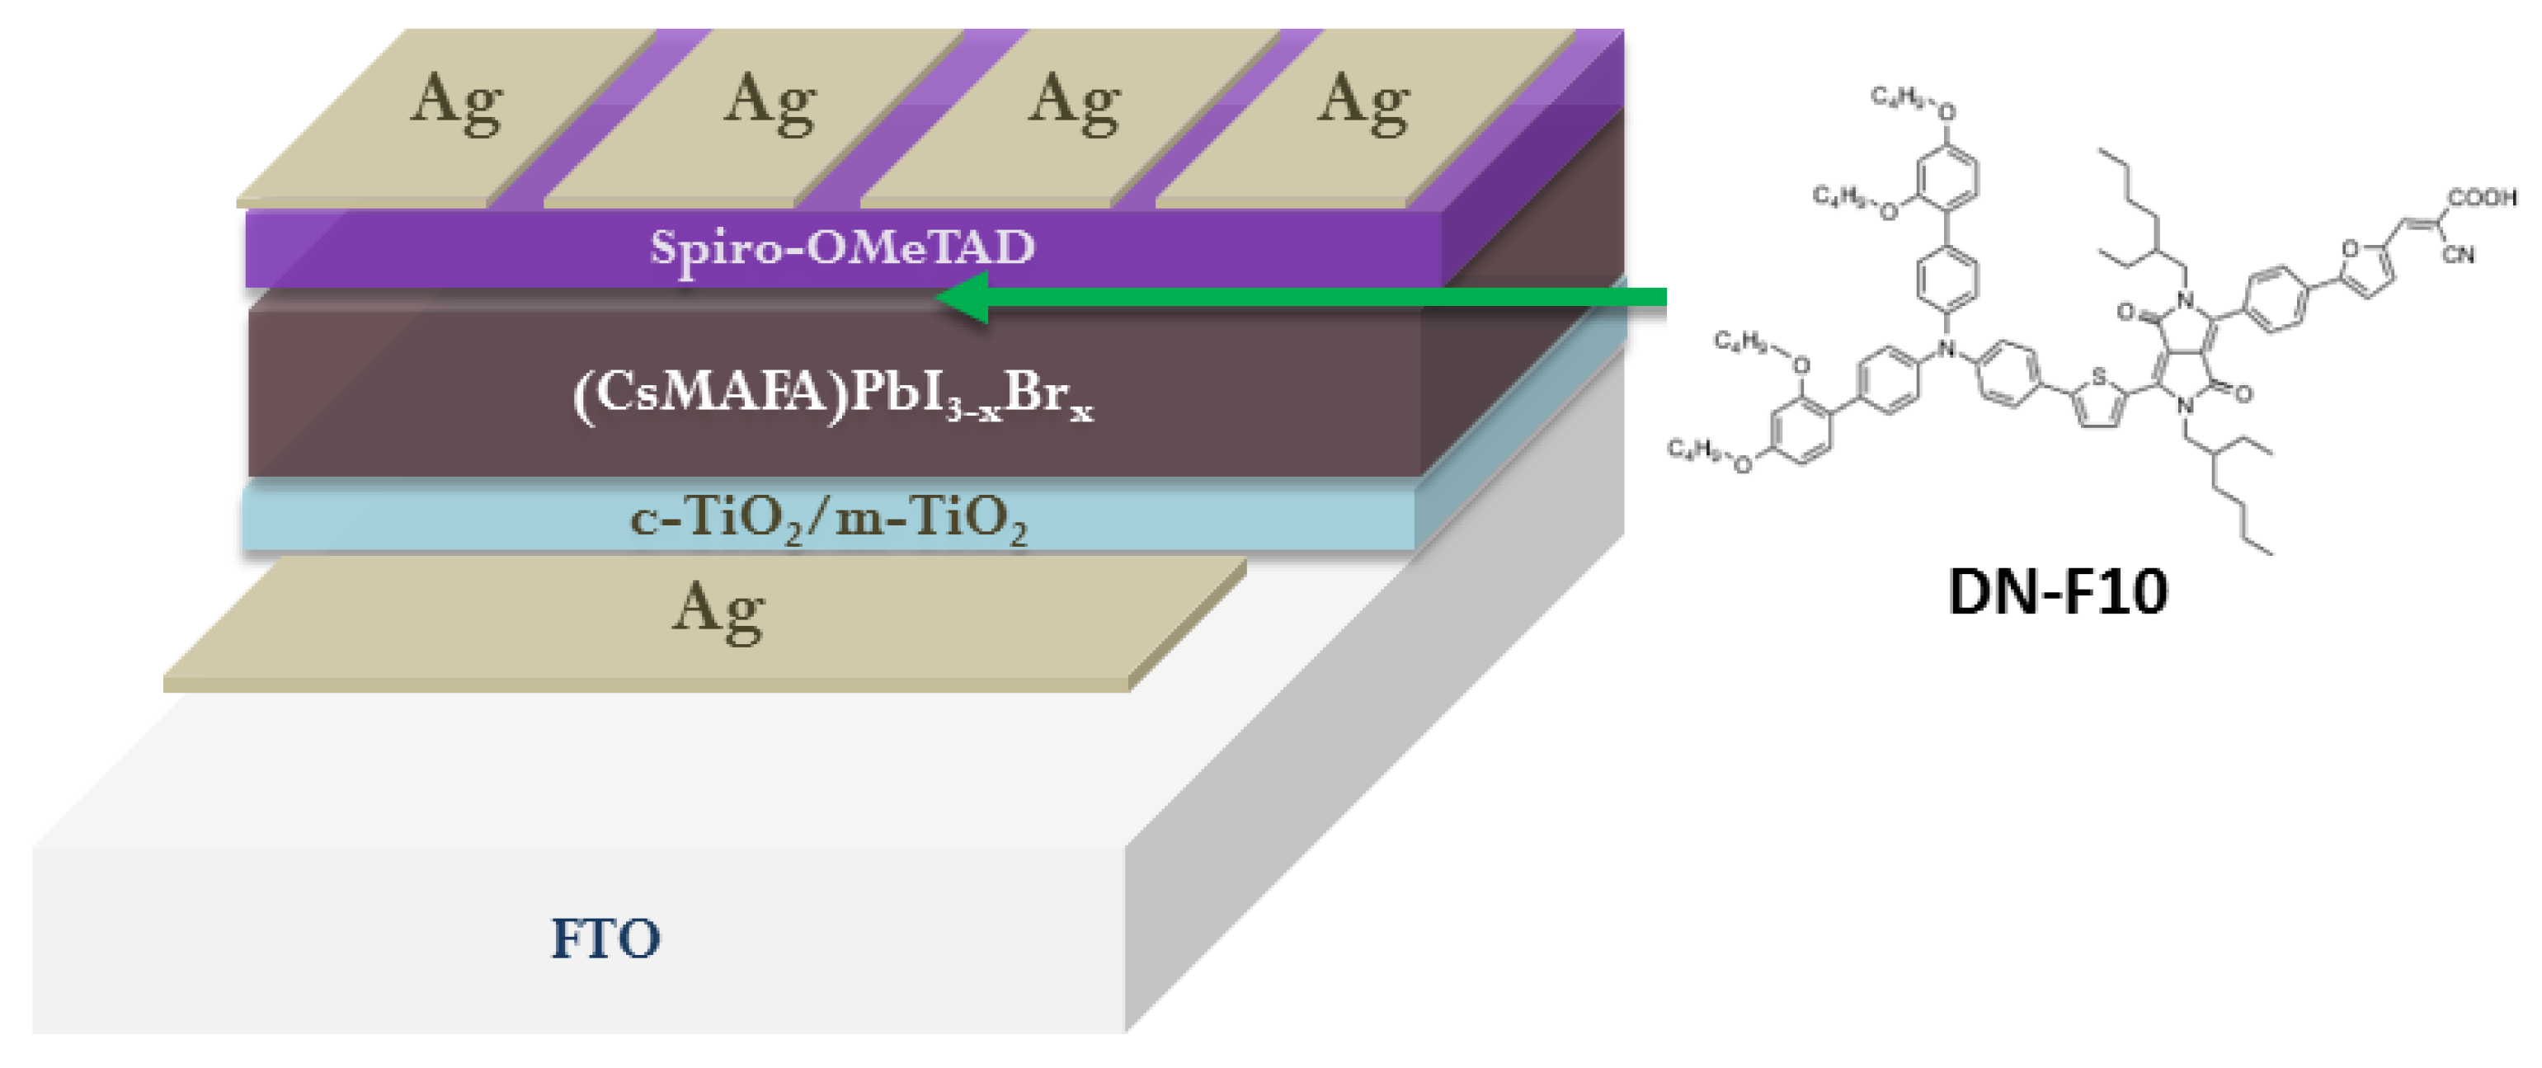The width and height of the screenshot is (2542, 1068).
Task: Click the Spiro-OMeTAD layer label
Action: pyautogui.click(x=842, y=247)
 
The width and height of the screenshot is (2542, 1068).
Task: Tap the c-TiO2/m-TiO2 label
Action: pyautogui.click(x=829, y=517)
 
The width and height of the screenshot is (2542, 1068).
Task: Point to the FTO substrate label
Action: pyautogui.click(x=605, y=938)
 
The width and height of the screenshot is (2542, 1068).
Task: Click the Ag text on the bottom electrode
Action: pyautogui.click(x=718, y=610)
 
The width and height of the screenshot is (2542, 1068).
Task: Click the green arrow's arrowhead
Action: pyautogui.click(x=963, y=297)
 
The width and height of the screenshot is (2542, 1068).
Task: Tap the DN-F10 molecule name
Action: pyautogui.click(x=2058, y=591)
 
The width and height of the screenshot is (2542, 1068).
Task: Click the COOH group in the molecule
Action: pyautogui.click(x=2482, y=197)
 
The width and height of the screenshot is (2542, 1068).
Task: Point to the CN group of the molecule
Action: pyautogui.click(x=2457, y=255)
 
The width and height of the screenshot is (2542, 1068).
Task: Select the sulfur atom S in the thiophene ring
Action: pyautogui.click(x=2099, y=376)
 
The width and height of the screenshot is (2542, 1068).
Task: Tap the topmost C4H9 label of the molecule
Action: pyautogui.click(x=1895, y=96)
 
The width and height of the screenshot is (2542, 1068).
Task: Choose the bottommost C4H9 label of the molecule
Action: pyautogui.click(x=1692, y=450)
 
